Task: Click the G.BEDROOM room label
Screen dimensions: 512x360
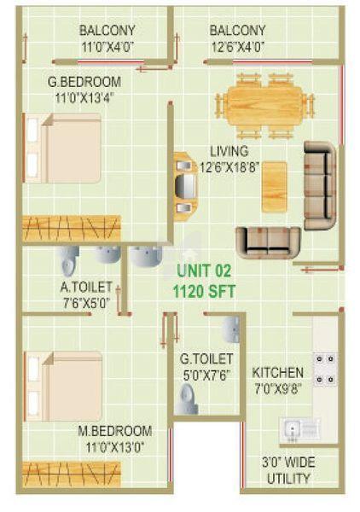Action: [x=84, y=83]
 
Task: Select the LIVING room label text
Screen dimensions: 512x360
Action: [x=229, y=151]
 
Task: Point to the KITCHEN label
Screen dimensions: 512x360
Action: [x=277, y=373]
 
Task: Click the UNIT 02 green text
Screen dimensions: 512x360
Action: [x=203, y=271]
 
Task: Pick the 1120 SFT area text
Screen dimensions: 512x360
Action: [x=204, y=289]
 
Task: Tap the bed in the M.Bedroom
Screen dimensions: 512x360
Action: [x=64, y=386]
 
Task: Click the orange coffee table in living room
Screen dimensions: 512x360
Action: [x=274, y=185]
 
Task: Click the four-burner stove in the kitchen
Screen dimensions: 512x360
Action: [x=325, y=369]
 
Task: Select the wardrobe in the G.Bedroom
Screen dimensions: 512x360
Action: [x=73, y=228]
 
